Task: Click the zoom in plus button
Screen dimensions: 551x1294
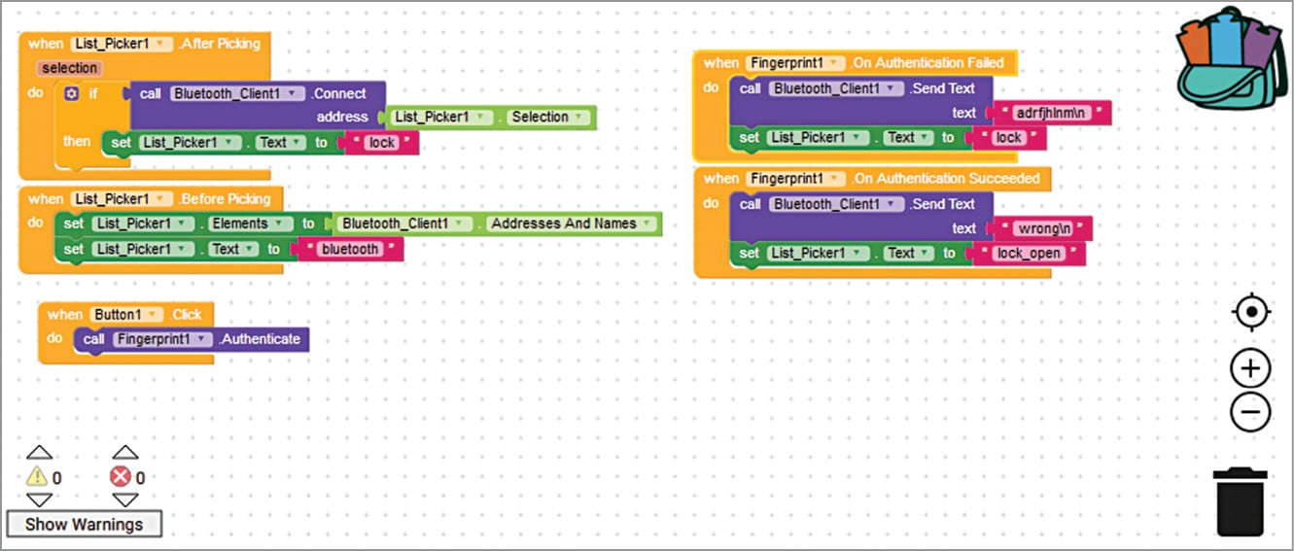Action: pos(1250,369)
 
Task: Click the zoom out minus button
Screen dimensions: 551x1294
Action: pos(1250,412)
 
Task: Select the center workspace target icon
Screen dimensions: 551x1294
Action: pos(1250,313)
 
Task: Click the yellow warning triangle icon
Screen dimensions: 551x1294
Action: pos(37,477)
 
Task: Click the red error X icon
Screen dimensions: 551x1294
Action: pos(121,477)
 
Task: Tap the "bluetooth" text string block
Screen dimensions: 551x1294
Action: pos(350,250)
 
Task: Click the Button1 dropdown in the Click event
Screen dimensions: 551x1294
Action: pos(127,315)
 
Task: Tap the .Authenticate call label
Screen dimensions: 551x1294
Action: pos(261,339)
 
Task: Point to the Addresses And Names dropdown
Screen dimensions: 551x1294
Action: pos(570,224)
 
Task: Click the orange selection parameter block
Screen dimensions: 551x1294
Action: pos(69,68)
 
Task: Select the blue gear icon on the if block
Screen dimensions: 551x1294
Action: pos(71,94)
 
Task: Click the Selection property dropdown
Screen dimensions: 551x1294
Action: pos(546,117)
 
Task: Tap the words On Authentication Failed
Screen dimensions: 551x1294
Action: pos(928,62)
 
